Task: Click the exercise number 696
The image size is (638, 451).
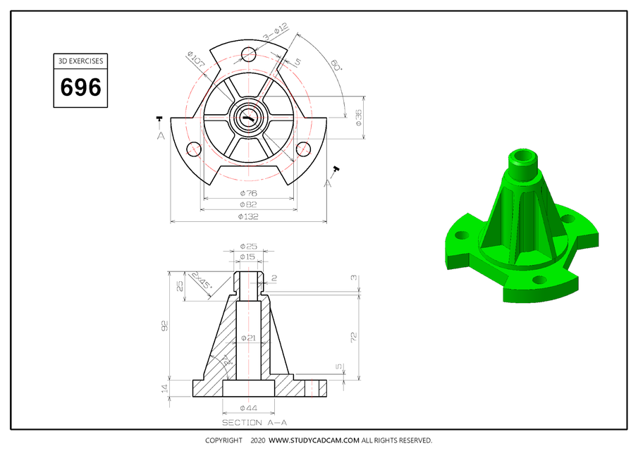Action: (x=81, y=87)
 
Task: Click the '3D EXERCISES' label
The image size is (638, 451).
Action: (x=81, y=61)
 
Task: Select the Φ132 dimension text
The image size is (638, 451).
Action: (x=248, y=216)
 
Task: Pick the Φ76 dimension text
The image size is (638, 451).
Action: (x=248, y=193)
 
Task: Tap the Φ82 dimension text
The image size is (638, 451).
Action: (x=248, y=204)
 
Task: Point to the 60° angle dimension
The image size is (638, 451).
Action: (x=336, y=66)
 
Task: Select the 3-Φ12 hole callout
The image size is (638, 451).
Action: (x=276, y=32)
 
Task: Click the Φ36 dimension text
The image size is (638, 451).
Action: (x=359, y=117)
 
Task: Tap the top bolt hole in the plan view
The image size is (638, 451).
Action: (x=248, y=54)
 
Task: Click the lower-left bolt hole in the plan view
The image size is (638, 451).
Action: (x=191, y=148)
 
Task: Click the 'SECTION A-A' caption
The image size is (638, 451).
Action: (x=254, y=423)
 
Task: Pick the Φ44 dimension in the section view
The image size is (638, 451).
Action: (x=248, y=408)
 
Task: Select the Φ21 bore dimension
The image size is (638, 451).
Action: (x=248, y=338)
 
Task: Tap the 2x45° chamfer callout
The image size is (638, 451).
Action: (x=202, y=283)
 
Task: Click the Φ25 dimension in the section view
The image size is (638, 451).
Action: (x=248, y=246)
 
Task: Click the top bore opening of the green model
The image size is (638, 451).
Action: (x=524, y=154)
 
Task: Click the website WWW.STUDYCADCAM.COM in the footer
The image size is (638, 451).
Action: (x=314, y=440)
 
